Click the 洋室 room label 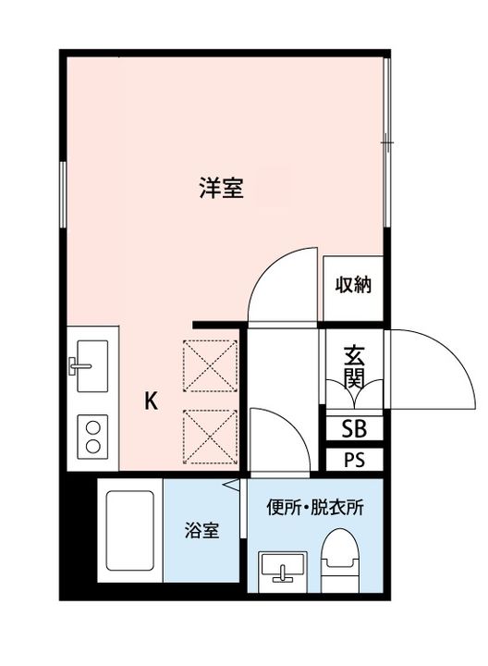click(221, 188)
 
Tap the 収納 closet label click(353, 285)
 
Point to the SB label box click(354, 428)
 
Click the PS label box click(354, 460)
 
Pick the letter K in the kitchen click(151, 401)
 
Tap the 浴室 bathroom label click(201, 530)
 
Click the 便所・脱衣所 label click(315, 507)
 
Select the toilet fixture click(340, 561)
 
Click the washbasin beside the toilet click(283, 572)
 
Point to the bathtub click(129, 531)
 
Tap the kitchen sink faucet click(79, 365)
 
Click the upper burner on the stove click(92, 427)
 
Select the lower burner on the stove click(92, 447)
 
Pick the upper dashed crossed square click(210, 365)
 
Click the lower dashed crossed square click(210, 437)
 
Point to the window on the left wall click(63, 194)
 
